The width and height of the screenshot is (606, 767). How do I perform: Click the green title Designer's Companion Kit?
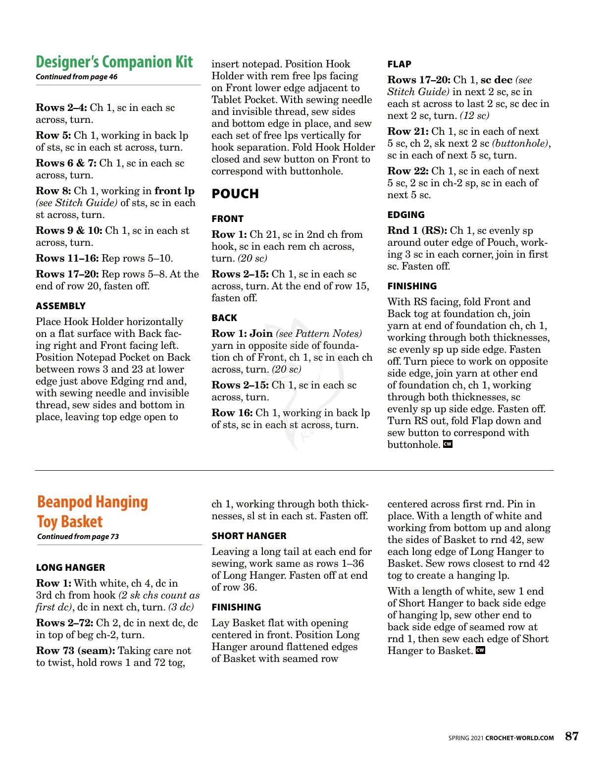114,62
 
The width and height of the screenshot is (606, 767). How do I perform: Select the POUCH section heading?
235,194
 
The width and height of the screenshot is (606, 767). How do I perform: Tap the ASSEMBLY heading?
61,306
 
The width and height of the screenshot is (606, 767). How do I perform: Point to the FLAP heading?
400,64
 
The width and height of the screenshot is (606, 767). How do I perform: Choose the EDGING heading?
406,215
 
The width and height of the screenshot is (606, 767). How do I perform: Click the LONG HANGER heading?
71,568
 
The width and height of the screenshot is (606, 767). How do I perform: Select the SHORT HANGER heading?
249,536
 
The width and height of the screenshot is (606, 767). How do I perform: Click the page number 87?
572,736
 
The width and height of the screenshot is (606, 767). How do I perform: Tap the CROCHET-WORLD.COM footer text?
519,738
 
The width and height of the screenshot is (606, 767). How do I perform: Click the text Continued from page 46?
77,77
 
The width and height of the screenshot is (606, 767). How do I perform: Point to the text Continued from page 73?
78,537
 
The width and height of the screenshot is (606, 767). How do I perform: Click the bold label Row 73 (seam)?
75,651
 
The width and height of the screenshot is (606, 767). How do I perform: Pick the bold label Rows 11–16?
67,259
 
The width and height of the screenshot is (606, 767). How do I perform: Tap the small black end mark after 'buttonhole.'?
448,444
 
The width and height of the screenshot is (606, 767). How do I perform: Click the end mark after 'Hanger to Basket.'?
480,651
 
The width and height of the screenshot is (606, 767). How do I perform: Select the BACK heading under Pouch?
224,318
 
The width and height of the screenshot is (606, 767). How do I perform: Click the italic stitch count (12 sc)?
474,116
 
